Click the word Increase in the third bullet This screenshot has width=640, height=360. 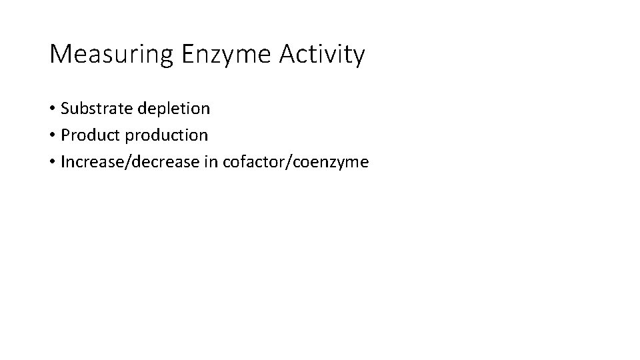click(87, 163)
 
